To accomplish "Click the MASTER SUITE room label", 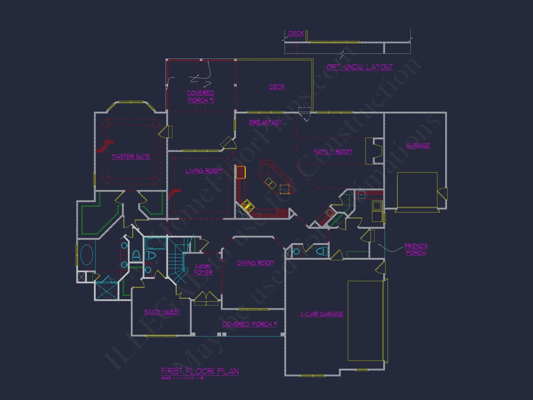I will click(131, 157).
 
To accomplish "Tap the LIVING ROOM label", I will click(204, 171).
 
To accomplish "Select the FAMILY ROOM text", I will click(333, 152).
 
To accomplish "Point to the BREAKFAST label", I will click(265, 122).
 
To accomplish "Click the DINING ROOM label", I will click(256, 263).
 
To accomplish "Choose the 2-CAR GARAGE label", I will click(322, 314).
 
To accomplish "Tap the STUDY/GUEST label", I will click(162, 312).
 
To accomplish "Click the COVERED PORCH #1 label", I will click(249, 324).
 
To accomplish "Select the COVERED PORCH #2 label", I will click(201, 97).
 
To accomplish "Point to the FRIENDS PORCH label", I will click(416, 249).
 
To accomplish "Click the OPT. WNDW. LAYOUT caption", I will click(360, 67).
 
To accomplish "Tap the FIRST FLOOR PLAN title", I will click(200, 371).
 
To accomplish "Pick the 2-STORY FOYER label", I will click(203, 270).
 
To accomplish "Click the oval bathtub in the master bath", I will click(87, 255).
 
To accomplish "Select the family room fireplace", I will click(374, 151).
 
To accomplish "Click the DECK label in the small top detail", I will click(296, 34).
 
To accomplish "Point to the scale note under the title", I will click(183, 378).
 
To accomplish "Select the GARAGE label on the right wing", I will click(418, 146).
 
